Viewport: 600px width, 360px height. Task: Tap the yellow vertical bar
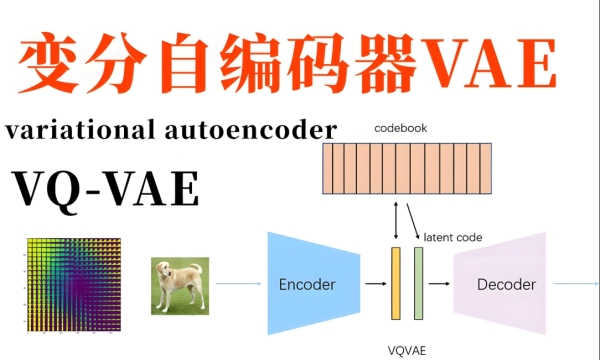click(396, 284)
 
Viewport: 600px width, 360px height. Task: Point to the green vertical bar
click(419, 284)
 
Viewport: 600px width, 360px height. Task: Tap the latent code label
click(453, 238)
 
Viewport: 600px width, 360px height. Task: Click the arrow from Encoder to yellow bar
click(375, 284)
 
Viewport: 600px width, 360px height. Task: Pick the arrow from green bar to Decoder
click(438, 284)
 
